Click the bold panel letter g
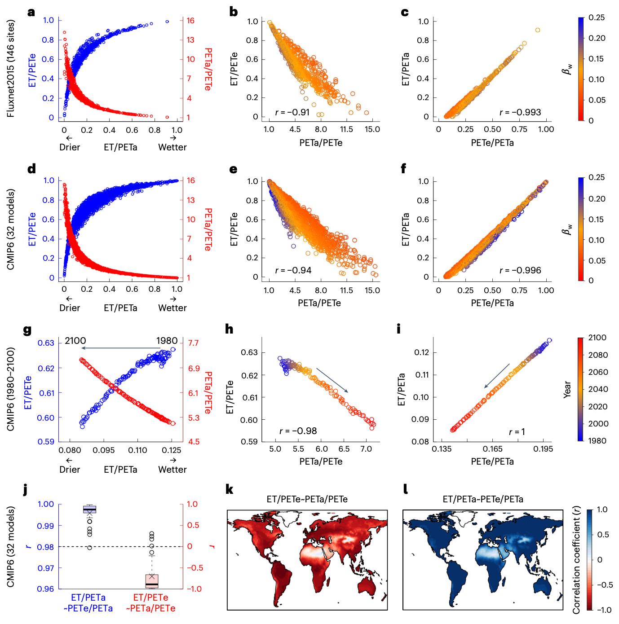coord(27,330)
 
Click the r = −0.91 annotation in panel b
coord(292,112)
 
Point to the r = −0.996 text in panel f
coord(520,270)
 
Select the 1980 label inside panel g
coord(167,341)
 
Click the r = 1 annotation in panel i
coord(517,432)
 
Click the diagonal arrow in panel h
coord(332,380)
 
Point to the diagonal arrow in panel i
coord(496,376)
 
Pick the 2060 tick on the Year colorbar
coord(598,372)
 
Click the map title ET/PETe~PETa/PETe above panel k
coord(307,499)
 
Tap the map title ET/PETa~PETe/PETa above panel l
coord(483,499)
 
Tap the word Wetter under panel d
coord(172,308)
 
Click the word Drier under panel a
coord(70,147)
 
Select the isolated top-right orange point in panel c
coord(537,30)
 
